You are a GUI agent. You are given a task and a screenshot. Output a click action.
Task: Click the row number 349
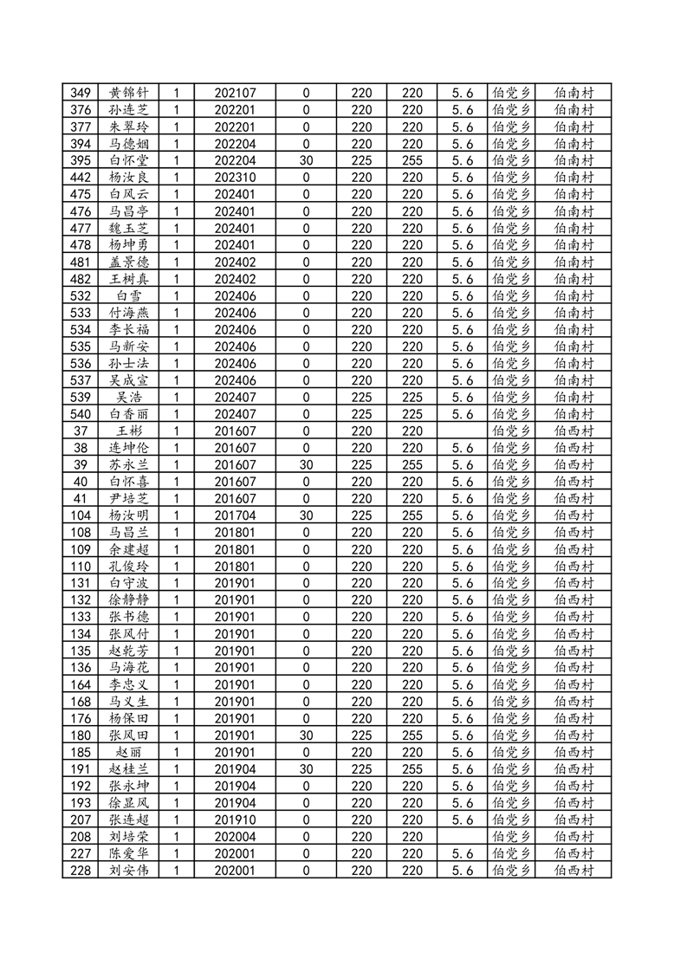tap(80, 93)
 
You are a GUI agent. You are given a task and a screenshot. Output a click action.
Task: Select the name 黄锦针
tap(129, 93)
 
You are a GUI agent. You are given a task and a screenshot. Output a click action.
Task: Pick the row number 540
tap(80, 414)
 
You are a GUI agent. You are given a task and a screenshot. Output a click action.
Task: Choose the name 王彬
tap(129, 431)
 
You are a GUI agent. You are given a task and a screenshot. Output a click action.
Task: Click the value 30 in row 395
tap(306, 160)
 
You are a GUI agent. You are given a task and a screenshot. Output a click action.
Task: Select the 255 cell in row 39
tap(412, 465)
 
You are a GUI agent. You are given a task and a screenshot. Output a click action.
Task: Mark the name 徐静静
tap(129, 600)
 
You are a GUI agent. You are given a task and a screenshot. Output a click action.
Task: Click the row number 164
tap(80, 685)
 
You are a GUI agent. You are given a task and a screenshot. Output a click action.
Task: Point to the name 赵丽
tap(129, 753)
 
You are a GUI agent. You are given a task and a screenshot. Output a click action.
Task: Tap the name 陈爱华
tap(129, 854)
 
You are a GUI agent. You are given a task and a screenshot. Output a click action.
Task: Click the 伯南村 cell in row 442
tap(574, 178)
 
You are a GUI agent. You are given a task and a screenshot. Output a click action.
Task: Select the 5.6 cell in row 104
tap(463, 516)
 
